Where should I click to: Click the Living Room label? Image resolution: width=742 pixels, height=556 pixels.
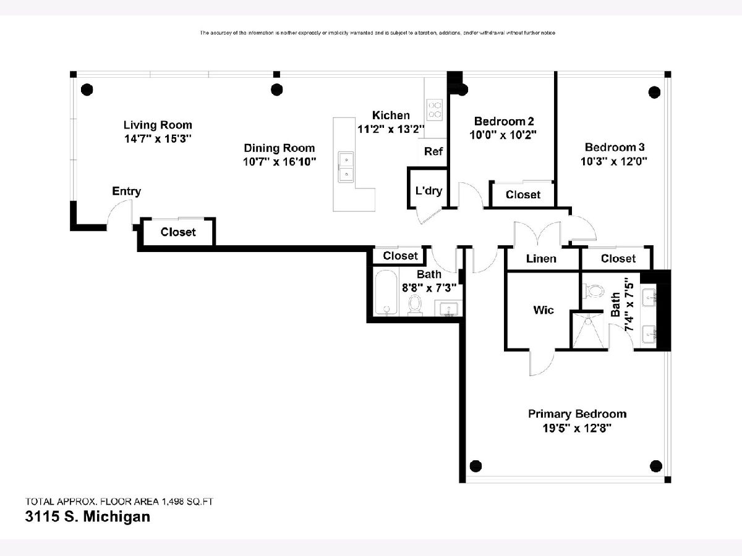coord(157,125)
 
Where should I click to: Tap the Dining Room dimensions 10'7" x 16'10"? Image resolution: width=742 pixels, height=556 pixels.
coord(279,162)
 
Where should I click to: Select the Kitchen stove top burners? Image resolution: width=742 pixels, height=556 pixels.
coord(435,109)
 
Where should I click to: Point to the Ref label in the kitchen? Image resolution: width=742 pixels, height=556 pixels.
coord(433,151)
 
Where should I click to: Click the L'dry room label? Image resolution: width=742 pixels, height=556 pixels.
coord(428,191)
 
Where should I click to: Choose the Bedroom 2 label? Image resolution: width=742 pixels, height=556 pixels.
coord(503,121)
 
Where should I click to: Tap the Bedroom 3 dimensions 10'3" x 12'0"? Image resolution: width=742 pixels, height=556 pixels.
coord(615,162)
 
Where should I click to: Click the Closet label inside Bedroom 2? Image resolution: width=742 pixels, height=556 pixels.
coord(523,195)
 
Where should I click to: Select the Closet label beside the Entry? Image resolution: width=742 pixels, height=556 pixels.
coord(178,232)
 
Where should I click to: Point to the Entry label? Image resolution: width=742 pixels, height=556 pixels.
coord(126,192)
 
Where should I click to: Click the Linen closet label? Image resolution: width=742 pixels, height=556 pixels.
coord(541,259)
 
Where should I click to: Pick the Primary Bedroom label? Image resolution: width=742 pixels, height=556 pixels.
coord(577,414)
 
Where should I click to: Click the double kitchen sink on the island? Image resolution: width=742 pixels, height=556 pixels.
coord(346,167)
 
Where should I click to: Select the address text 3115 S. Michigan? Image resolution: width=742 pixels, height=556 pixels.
coord(87,516)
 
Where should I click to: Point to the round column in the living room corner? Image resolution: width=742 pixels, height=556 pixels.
coord(87,88)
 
